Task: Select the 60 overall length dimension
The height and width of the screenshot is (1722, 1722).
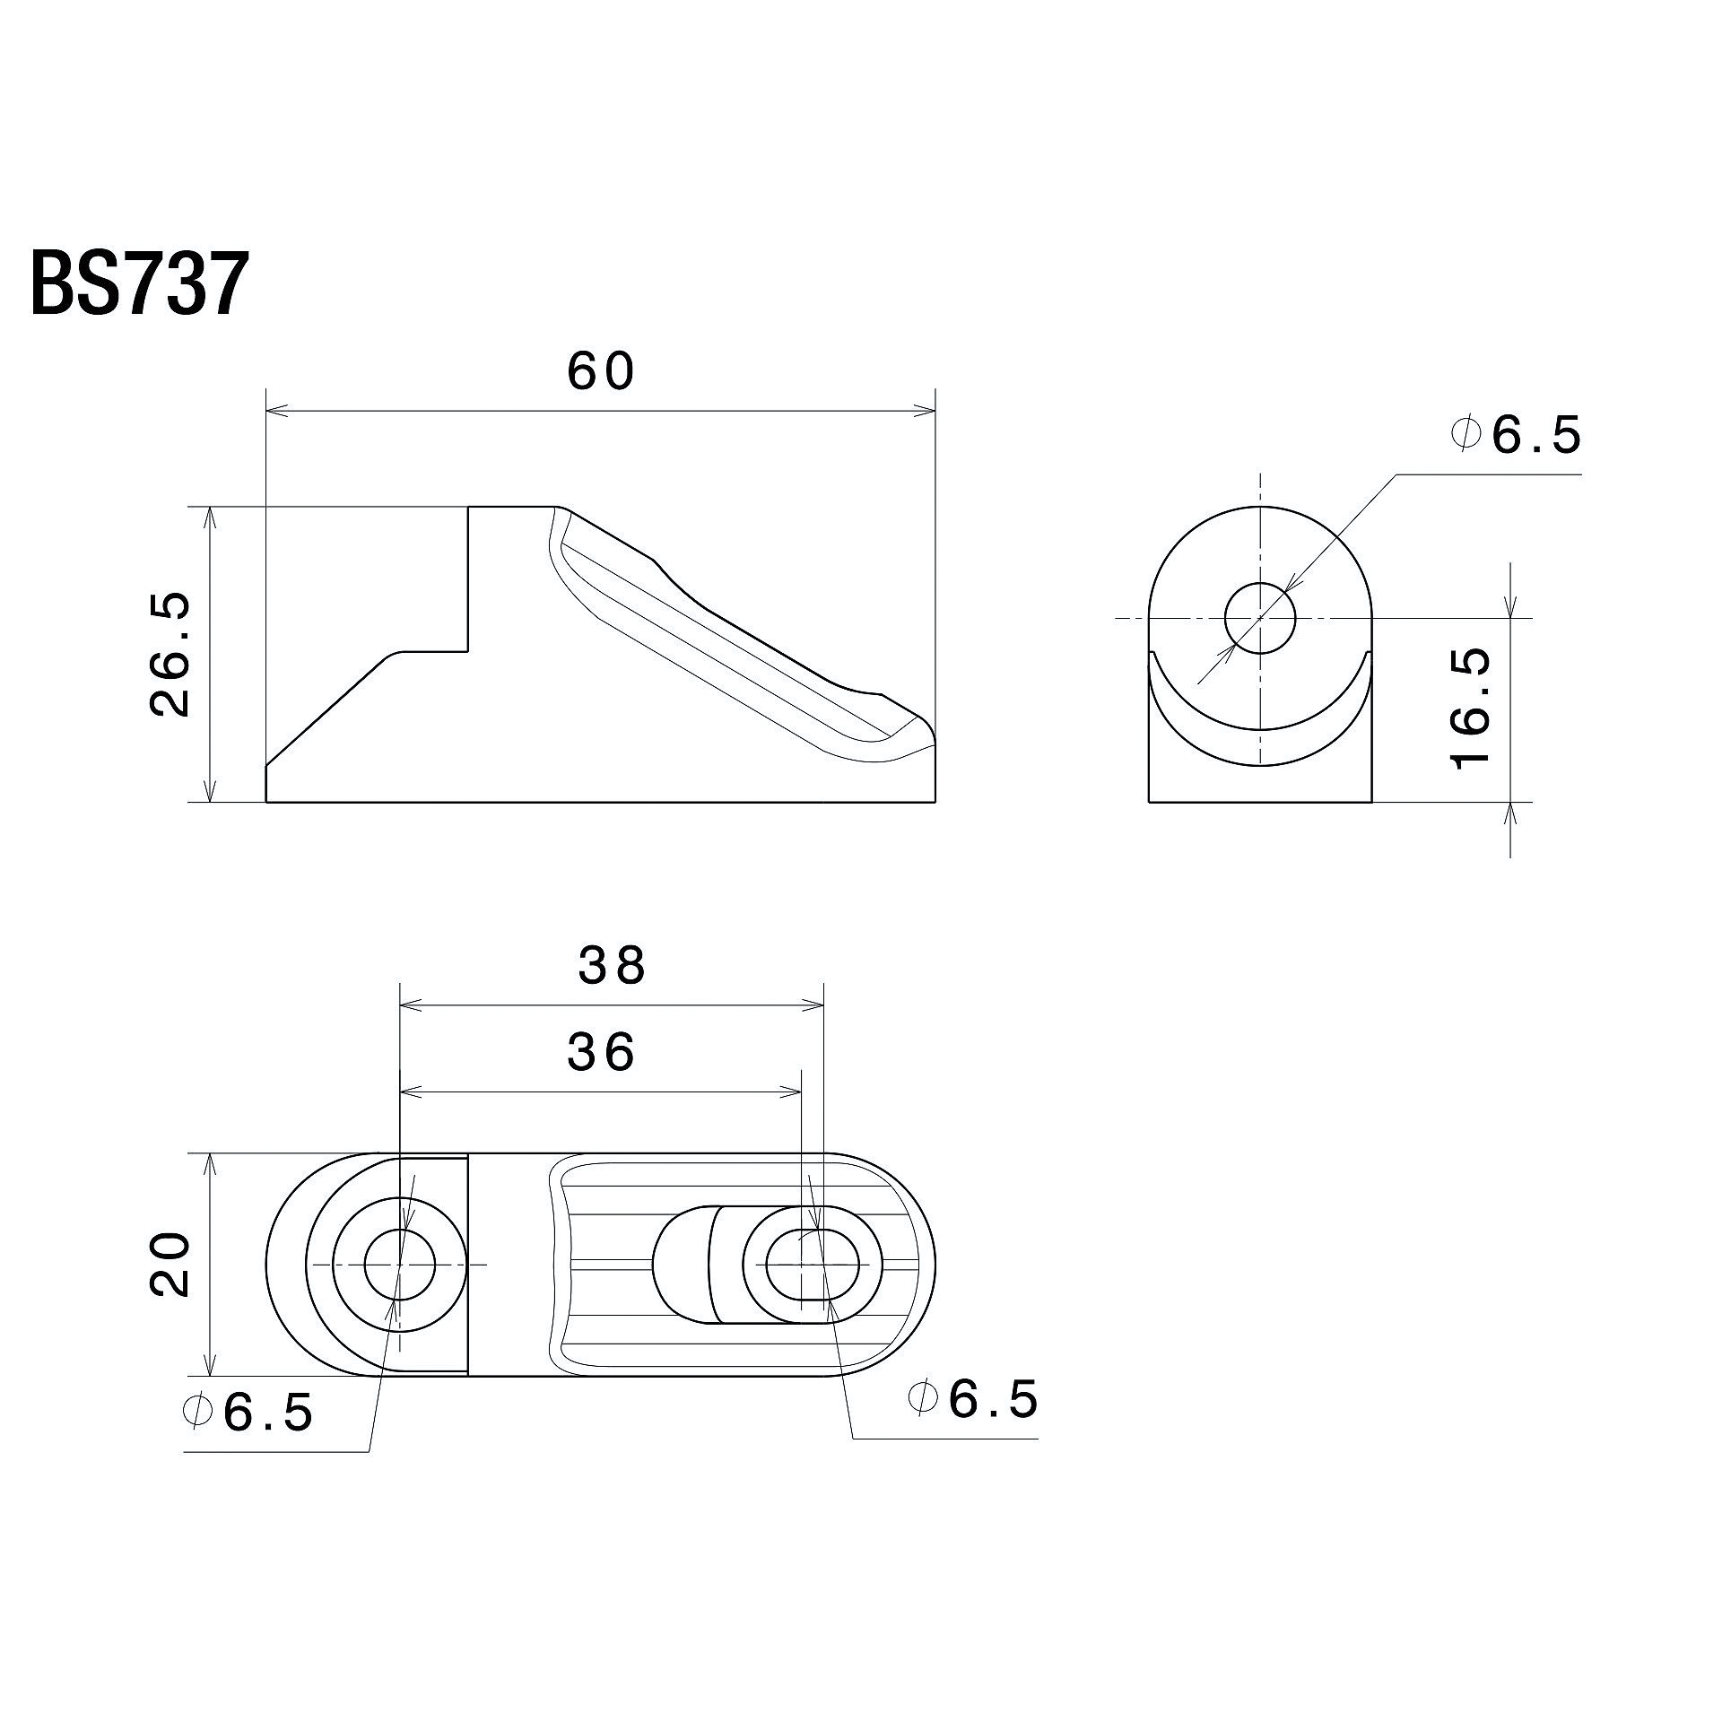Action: click(x=601, y=371)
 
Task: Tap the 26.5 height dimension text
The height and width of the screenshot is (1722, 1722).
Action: click(x=170, y=652)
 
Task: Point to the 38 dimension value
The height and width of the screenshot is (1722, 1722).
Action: click(x=612, y=966)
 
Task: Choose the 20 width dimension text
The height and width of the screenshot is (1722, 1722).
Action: click(x=170, y=1265)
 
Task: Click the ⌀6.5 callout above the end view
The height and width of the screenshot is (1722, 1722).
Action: click(x=1515, y=436)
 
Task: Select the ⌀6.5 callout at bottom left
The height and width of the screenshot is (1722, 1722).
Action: click(x=247, y=1439)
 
